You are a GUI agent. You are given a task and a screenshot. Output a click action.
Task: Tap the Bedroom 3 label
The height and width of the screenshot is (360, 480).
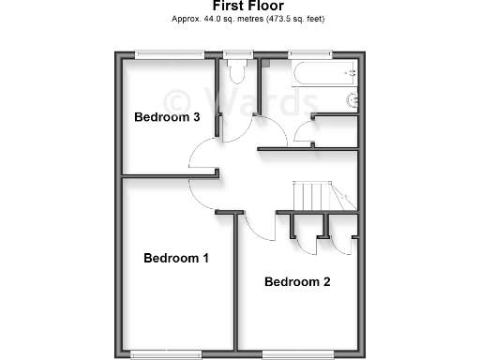click(167, 117)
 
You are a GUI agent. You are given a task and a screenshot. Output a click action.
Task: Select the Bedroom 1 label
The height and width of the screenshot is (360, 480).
click(175, 258)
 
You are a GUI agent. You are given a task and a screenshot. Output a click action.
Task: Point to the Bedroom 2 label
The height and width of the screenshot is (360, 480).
click(297, 281)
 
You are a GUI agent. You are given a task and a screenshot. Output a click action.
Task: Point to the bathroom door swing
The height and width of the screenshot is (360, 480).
click(305, 131)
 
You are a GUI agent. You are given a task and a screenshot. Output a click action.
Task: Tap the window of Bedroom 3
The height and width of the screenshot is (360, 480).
click(170, 54)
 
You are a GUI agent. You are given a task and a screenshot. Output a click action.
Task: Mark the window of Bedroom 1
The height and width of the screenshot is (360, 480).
click(166, 353)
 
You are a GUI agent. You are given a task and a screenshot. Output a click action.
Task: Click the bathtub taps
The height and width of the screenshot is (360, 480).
click(351, 72)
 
